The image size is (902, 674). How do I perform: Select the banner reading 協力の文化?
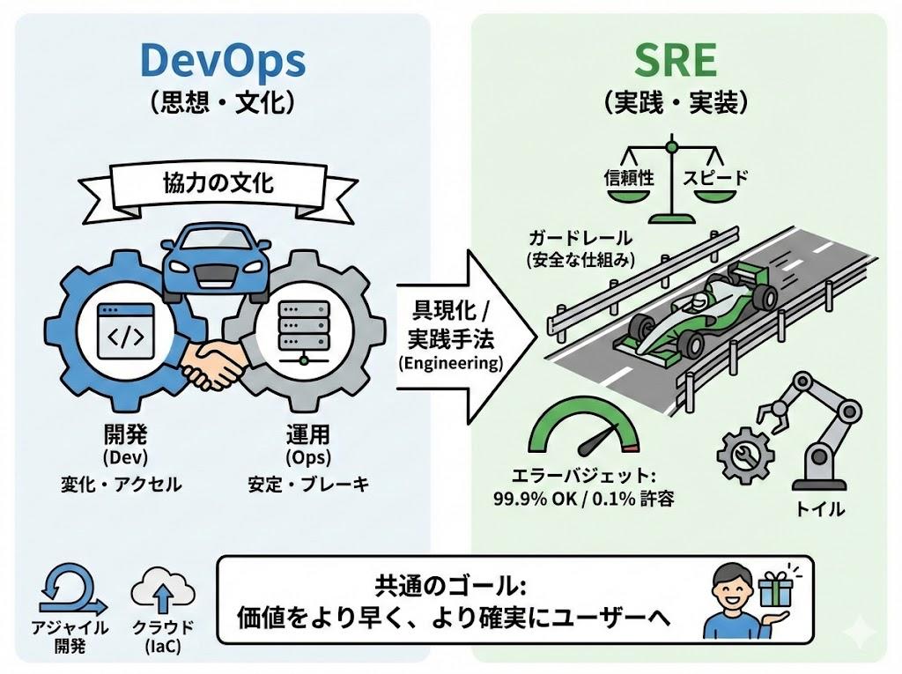point(218,184)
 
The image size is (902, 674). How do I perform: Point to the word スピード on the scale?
point(715,177)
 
